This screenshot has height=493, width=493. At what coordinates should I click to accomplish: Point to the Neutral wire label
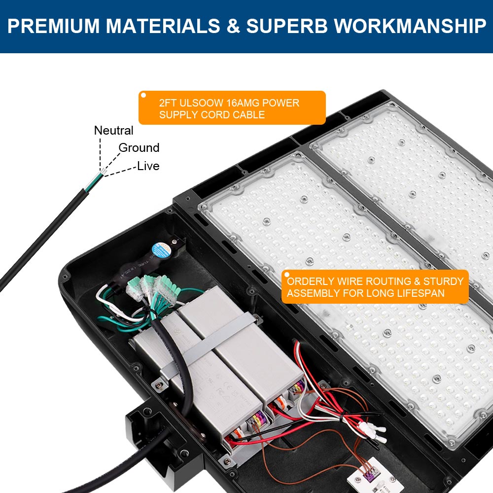tap(113, 131)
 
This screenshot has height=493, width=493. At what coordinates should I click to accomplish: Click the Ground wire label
tap(139, 148)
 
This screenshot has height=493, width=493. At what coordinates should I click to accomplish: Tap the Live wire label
tap(148, 166)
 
